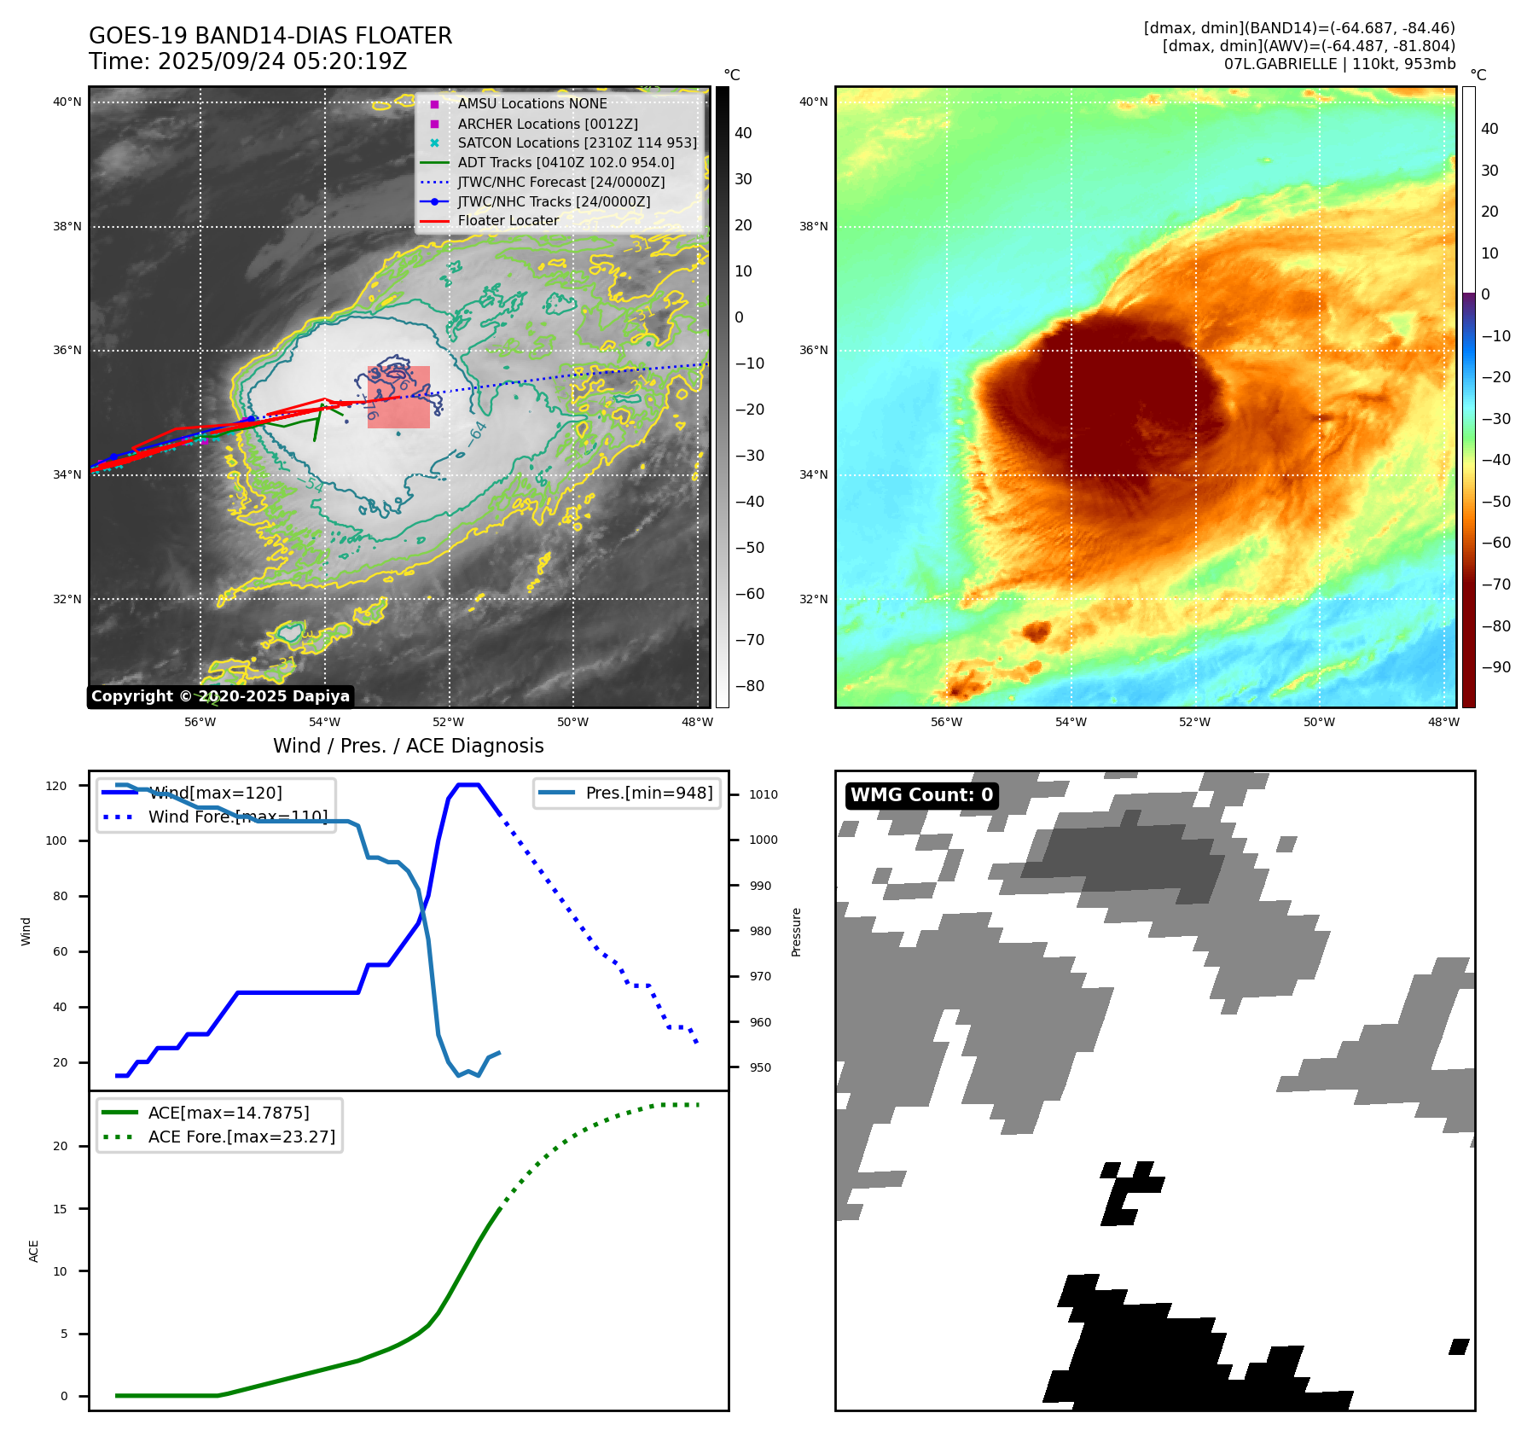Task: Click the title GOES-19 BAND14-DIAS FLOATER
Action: pyautogui.click(x=270, y=36)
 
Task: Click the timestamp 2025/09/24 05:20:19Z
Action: pyautogui.click(x=282, y=62)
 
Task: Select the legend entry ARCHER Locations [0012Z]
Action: pyautogui.click(x=547, y=124)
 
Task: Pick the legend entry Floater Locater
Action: pyautogui.click(x=508, y=220)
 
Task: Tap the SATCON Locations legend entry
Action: pyautogui.click(x=577, y=142)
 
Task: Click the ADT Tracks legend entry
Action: pyautogui.click(x=566, y=162)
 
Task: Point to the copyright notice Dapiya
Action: pyautogui.click(x=220, y=696)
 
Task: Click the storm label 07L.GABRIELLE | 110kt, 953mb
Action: pyautogui.click(x=1339, y=64)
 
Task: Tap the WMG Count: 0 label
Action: pyautogui.click(x=921, y=795)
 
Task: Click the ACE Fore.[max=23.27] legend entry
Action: pyautogui.click(x=241, y=1137)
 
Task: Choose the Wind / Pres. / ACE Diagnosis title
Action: pyautogui.click(x=408, y=746)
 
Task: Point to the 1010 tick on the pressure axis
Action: pyautogui.click(x=763, y=794)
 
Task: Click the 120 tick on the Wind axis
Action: pyautogui.click(x=56, y=786)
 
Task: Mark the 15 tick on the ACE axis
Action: pyautogui.click(x=61, y=1208)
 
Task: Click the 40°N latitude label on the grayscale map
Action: pyautogui.click(x=67, y=102)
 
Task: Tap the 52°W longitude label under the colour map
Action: pyautogui.click(x=1194, y=722)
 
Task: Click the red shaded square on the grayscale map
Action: pyautogui.click(x=398, y=397)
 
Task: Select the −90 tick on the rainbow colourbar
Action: pyautogui.click(x=1495, y=667)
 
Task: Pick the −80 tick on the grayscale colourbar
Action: pyautogui.click(x=749, y=686)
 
